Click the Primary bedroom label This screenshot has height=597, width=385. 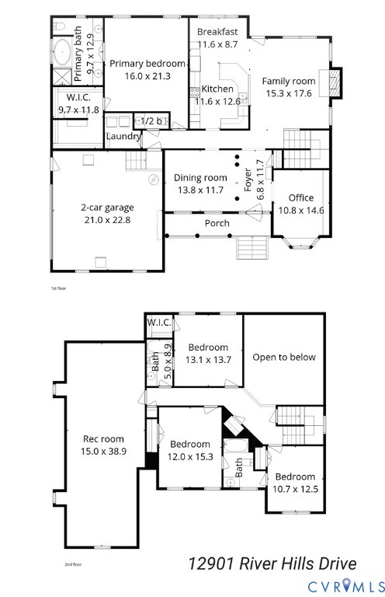tap(147, 64)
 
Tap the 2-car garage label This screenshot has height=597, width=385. tap(107, 208)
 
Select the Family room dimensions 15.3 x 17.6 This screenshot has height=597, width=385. tap(288, 93)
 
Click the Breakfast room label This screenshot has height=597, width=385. tap(217, 32)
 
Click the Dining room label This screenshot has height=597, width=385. tap(199, 178)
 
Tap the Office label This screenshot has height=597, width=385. tap(300, 198)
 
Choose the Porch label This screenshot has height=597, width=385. tap(217, 223)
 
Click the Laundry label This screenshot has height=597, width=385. tap(123, 137)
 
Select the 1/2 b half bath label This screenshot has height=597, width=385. tap(149, 121)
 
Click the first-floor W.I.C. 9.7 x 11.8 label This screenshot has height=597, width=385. tap(78, 98)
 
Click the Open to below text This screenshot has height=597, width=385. tap(283, 358)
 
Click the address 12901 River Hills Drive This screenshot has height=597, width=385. tap(272, 563)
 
